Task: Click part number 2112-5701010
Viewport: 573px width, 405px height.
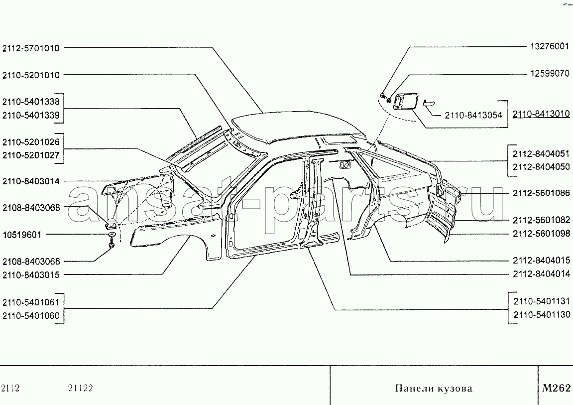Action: pos(31,48)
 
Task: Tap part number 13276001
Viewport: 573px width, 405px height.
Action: pos(550,46)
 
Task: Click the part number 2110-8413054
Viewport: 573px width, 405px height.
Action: pos(473,115)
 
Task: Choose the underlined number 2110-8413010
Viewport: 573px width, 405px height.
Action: pos(541,114)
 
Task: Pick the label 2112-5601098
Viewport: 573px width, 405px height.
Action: pos(541,234)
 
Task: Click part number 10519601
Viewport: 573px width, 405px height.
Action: pos(22,235)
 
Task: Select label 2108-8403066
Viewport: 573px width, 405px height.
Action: pos(31,262)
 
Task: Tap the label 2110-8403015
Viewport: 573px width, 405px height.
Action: pos(31,275)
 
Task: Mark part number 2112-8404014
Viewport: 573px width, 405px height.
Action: pos(541,274)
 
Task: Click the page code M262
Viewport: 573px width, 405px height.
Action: pos(556,388)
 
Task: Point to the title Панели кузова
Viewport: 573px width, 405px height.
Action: pos(434,388)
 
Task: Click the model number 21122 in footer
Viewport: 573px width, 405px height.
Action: pos(80,388)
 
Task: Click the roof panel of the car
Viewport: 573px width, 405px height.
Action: pos(298,126)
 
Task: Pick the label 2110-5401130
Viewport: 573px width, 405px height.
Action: pos(542,315)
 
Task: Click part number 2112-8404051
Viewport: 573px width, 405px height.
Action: pos(541,154)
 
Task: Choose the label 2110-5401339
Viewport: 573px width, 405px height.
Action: pos(31,115)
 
